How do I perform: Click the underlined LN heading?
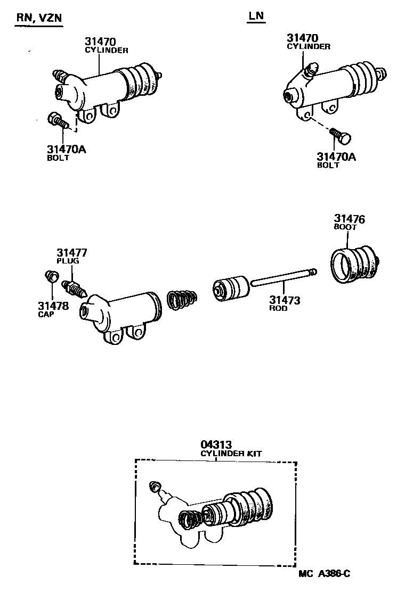256,16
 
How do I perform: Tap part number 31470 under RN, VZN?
100,42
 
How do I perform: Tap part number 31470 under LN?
302,38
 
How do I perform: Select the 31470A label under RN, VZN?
67,150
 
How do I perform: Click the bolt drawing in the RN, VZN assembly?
57,121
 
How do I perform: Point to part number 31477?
72,252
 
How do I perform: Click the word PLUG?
68,261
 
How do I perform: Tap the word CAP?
46,314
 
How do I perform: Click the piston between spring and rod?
231,289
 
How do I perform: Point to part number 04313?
216,444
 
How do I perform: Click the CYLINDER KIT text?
231,454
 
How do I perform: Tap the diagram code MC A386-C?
324,573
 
